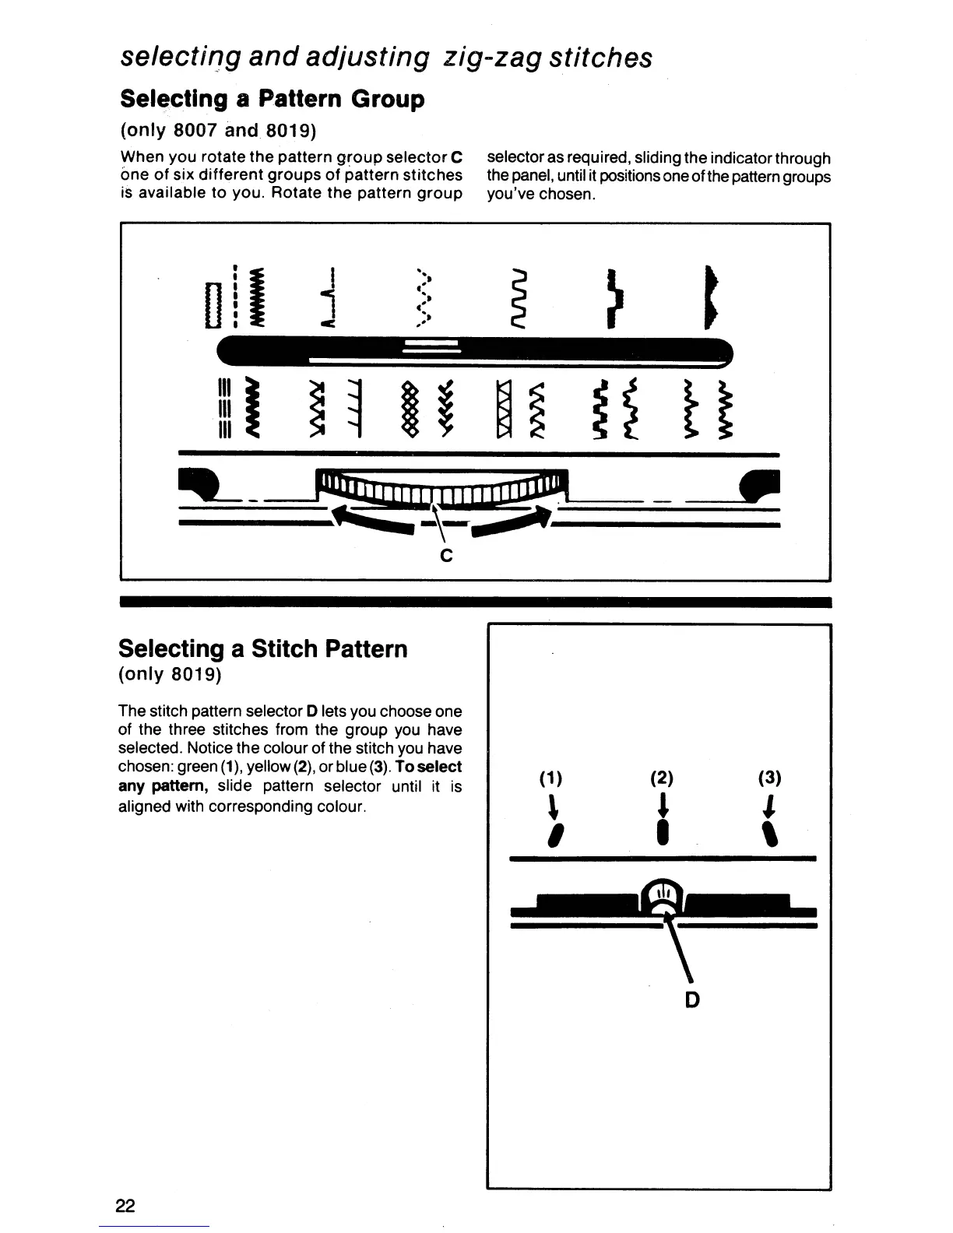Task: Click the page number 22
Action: (125, 1206)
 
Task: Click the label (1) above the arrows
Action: (550, 778)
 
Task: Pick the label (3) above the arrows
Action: (770, 778)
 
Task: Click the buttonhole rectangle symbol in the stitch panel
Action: (209, 306)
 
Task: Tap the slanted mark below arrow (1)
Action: (553, 835)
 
